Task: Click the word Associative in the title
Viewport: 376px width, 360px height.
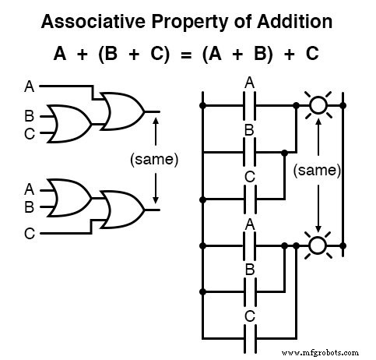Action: click(x=115, y=22)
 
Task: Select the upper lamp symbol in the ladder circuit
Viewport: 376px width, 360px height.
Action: click(x=317, y=103)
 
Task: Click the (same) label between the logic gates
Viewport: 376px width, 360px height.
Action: click(x=155, y=160)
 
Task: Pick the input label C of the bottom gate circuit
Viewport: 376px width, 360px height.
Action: click(x=30, y=231)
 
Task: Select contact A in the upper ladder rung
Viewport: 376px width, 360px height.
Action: click(x=250, y=103)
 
